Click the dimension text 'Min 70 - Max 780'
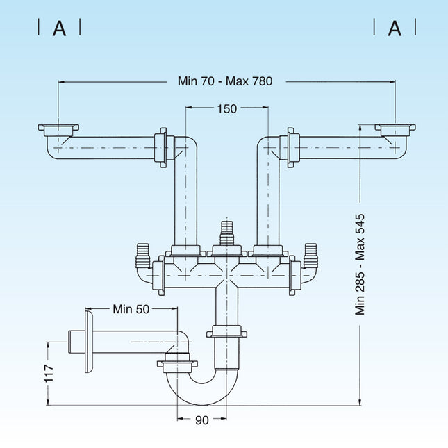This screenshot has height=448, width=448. tap(225, 81)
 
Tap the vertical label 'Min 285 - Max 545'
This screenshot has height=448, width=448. tap(360, 264)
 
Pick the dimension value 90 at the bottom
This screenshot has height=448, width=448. tap(201, 420)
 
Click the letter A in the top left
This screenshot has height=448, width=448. tap(60, 28)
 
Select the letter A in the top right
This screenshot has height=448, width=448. tap(395, 28)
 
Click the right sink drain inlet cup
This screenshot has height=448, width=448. tap(395, 130)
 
